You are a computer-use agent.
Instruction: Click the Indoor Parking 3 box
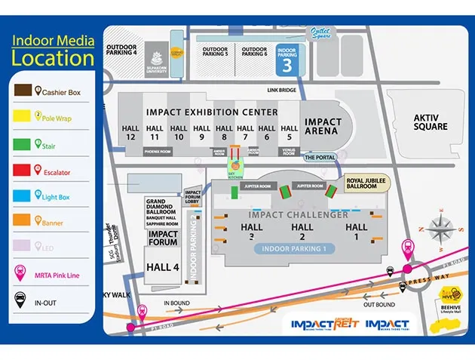pos(287,60)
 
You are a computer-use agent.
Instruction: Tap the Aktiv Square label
pos(430,121)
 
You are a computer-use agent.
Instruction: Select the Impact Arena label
pos(323,126)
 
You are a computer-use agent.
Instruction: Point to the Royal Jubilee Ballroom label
pos(362,184)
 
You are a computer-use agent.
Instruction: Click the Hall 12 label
pos(130,133)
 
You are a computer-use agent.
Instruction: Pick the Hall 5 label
pos(289,133)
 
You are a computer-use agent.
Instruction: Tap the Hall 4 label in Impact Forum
pos(163,267)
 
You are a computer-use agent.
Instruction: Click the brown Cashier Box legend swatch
pos(23,91)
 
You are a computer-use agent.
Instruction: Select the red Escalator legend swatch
pos(23,171)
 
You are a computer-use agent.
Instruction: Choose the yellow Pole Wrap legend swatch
pos(23,118)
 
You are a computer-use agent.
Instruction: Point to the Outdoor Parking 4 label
pos(121,50)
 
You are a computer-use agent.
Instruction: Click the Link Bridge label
pos(281,91)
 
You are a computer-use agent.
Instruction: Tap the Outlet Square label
pos(320,32)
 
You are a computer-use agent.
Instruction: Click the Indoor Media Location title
pos(53,51)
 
